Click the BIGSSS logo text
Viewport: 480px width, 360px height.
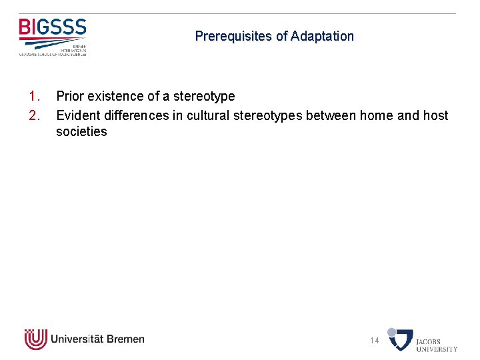click(x=53, y=28)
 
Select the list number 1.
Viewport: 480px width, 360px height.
click(x=35, y=97)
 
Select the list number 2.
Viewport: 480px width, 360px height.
click(x=35, y=116)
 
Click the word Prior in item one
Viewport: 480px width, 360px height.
click(x=69, y=97)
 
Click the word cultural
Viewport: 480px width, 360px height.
click(x=207, y=116)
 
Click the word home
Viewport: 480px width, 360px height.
click(x=376, y=116)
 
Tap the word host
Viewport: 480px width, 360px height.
click(x=435, y=116)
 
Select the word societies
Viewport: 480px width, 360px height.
click(x=81, y=132)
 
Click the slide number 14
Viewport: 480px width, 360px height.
click(x=375, y=341)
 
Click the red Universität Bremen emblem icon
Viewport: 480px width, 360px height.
click(x=35, y=339)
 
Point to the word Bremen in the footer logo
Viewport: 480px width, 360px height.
click(x=124, y=339)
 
